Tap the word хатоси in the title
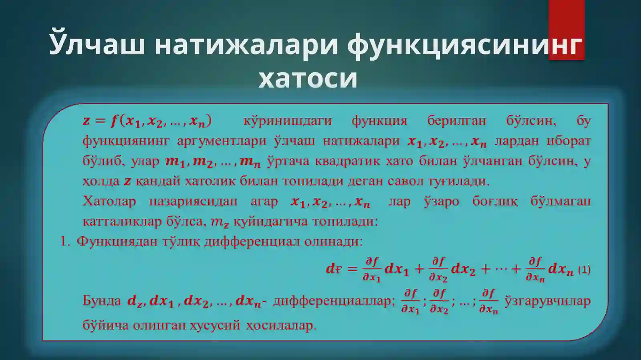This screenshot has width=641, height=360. (x=308, y=78)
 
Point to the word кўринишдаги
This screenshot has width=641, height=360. (x=287, y=121)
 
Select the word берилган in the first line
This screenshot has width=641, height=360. (x=456, y=121)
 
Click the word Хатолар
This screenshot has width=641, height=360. (x=109, y=201)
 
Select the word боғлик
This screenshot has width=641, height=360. (x=495, y=201)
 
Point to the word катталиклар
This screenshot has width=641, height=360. (x=122, y=221)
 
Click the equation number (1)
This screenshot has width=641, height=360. (x=584, y=270)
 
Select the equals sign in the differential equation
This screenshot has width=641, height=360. (x=352, y=269)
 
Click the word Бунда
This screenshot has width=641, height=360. (x=102, y=300)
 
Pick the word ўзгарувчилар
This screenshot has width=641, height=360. (x=548, y=300)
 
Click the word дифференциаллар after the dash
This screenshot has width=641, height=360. (x=334, y=300)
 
